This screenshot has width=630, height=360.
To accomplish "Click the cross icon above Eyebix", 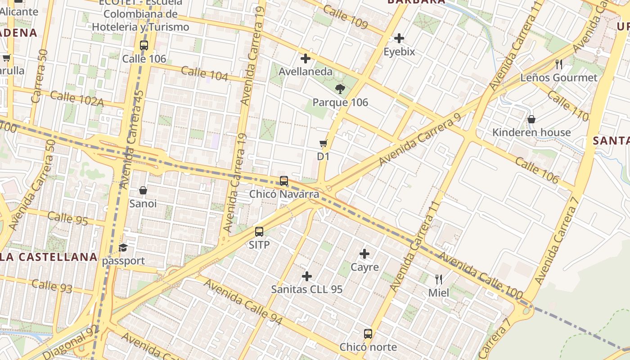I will [x=399, y=38].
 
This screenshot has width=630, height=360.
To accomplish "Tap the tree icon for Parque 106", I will [x=340, y=89].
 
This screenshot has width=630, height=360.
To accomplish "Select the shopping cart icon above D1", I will [x=323, y=144].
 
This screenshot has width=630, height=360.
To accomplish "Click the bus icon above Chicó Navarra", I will [x=284, y=181].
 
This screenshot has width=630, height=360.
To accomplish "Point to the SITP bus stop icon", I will [x=259, y=232].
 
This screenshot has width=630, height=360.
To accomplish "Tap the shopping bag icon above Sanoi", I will [x=143, y=190].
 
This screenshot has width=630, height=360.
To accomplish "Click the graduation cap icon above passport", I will [x=123, y=247].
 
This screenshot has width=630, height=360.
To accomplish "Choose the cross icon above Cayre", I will [x=364, y=254].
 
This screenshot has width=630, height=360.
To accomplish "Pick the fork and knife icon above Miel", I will [x=439, y=279].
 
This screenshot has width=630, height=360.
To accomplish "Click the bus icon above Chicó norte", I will [x=368, y=334].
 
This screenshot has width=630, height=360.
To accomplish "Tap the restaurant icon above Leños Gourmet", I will [x=559, y=64].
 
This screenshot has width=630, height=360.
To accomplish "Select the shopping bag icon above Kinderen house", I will [x=531, y=119].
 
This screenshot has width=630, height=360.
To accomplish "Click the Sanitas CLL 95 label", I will [x=307, y=289].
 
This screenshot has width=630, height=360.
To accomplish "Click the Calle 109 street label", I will [x=346, y=17].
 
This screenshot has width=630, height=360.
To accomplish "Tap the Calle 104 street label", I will [x=204, y=73].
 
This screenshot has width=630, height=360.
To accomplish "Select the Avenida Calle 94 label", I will [x=243, y=301].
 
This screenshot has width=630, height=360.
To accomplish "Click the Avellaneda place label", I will [x=306, y=72].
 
